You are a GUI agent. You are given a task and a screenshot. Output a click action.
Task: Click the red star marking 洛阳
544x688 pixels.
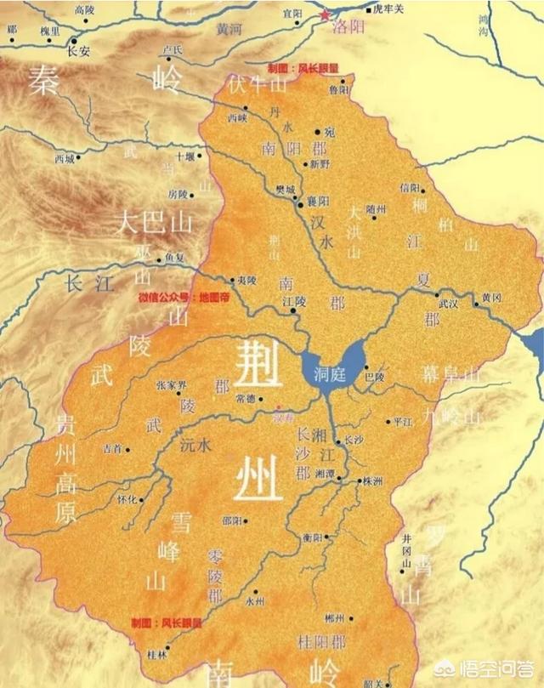tap(324, 14)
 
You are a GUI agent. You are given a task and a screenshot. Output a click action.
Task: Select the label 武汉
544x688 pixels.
tap(448, 303)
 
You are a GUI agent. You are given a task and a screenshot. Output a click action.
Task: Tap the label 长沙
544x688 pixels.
tap(354, 441)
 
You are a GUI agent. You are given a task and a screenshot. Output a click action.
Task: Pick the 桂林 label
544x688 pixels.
tap(156, 654)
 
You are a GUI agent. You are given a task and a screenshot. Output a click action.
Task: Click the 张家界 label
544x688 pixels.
tap(171, 384)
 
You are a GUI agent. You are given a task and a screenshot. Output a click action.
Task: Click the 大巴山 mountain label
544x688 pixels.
tap(155, 223)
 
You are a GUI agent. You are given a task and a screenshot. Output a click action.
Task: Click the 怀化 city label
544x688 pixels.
tap(127, 500)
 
